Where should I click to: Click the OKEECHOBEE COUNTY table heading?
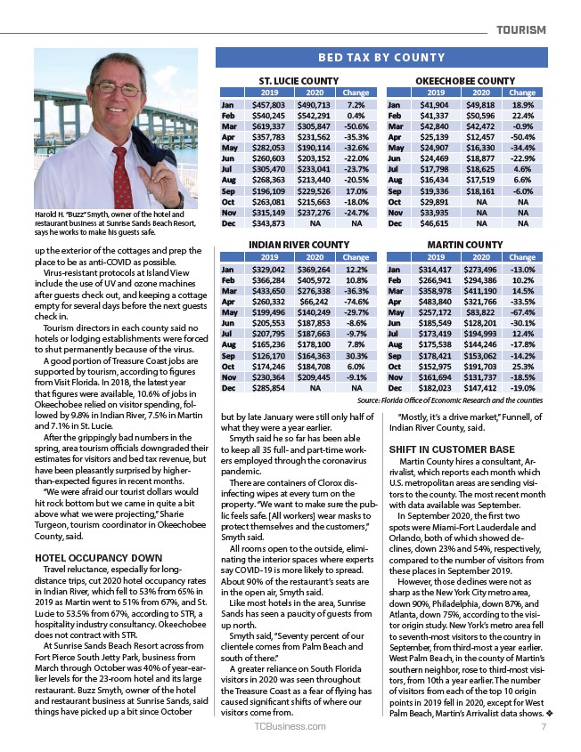point(465,81)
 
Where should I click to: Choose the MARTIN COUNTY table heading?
point(464,244)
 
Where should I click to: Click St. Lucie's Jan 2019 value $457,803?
point(267,104)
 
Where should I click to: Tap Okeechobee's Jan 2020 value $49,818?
point(479,104)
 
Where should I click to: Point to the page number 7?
point(543,726)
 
